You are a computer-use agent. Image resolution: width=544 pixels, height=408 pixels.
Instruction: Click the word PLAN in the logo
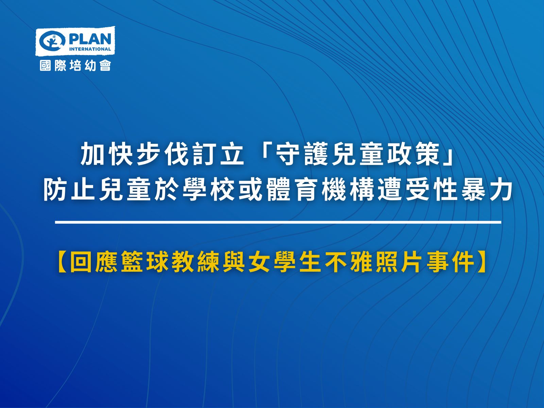coord(90,39)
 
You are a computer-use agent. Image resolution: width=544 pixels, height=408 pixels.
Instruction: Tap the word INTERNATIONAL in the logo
coord(90,49)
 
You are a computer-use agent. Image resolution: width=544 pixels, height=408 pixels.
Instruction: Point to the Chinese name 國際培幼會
coord(75,66)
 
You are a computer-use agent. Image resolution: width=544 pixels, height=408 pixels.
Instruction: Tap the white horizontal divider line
coord(278,222)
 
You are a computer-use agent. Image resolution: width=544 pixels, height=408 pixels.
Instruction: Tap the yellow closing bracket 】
coord(482,262)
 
